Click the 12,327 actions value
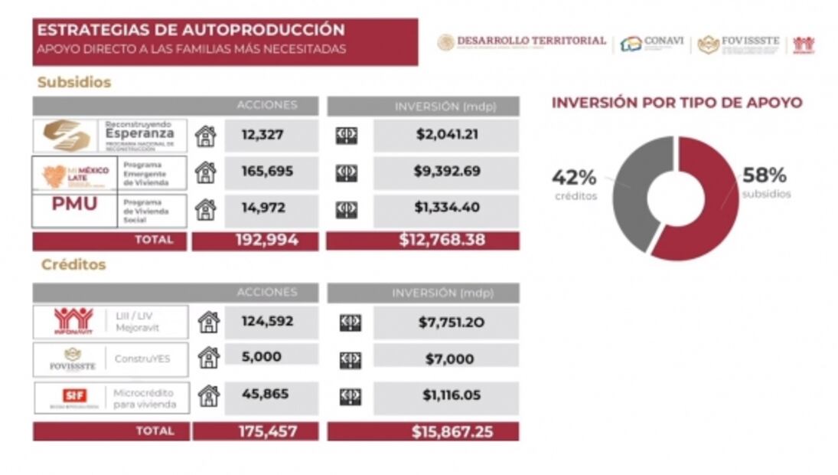(262, 135)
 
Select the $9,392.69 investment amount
(448, 171)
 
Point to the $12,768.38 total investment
(442, 240)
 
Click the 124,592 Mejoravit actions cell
(267, 321)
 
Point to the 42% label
(574, 177)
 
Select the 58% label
(765, 175)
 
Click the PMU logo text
(74, 204)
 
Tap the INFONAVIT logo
(73, 321)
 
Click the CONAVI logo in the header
(652, 43)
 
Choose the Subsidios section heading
(74, 82)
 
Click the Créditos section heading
(73, 264)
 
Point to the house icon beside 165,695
(205, 172)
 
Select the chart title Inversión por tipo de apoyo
(677, 103)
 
